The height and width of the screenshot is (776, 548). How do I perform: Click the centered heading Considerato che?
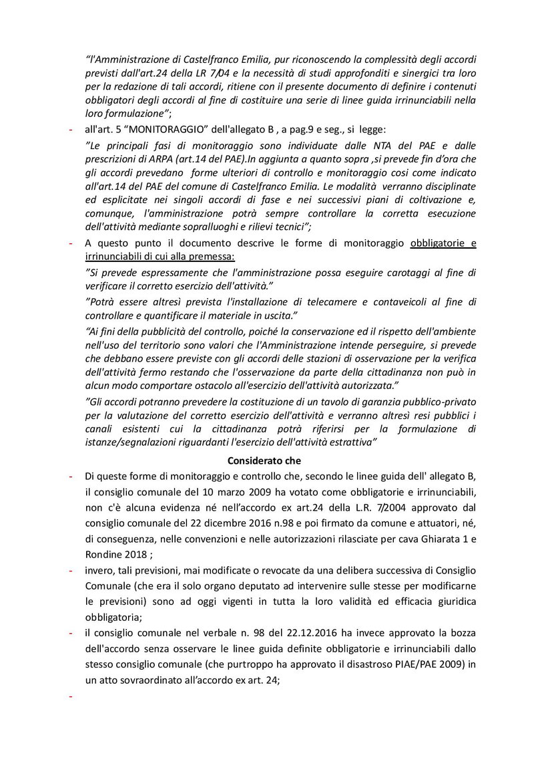(x=264, y=461)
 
